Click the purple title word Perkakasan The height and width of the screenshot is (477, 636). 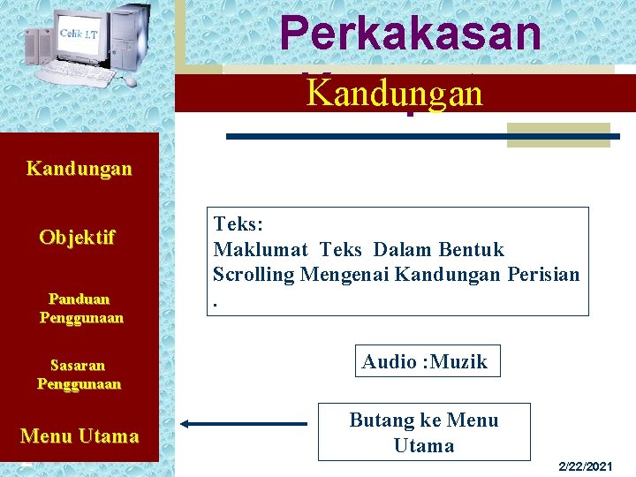410,34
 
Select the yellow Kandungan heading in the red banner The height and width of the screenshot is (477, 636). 394,93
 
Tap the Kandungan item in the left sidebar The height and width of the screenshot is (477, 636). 79,168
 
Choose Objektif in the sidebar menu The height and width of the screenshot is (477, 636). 78,238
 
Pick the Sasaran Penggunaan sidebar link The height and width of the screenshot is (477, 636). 79,375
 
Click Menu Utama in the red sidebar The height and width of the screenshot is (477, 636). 79,435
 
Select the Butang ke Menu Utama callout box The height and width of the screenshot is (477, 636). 424,432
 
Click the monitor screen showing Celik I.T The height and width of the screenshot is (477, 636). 79,38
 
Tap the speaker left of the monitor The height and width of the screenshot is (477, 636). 39,46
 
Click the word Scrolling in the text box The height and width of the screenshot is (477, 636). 254,274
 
